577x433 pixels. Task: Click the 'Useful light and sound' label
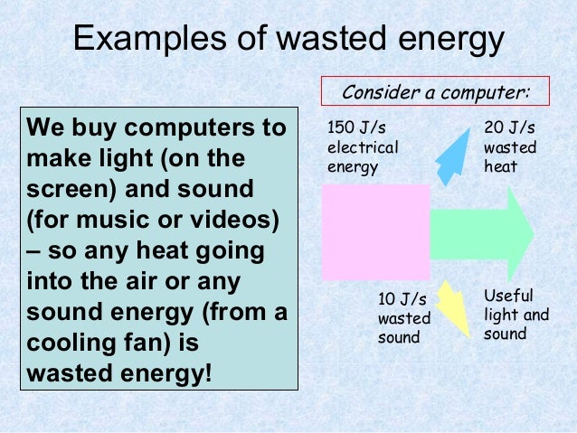(x=516, y=315)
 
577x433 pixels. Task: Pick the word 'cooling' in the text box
(x=69, y=345)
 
